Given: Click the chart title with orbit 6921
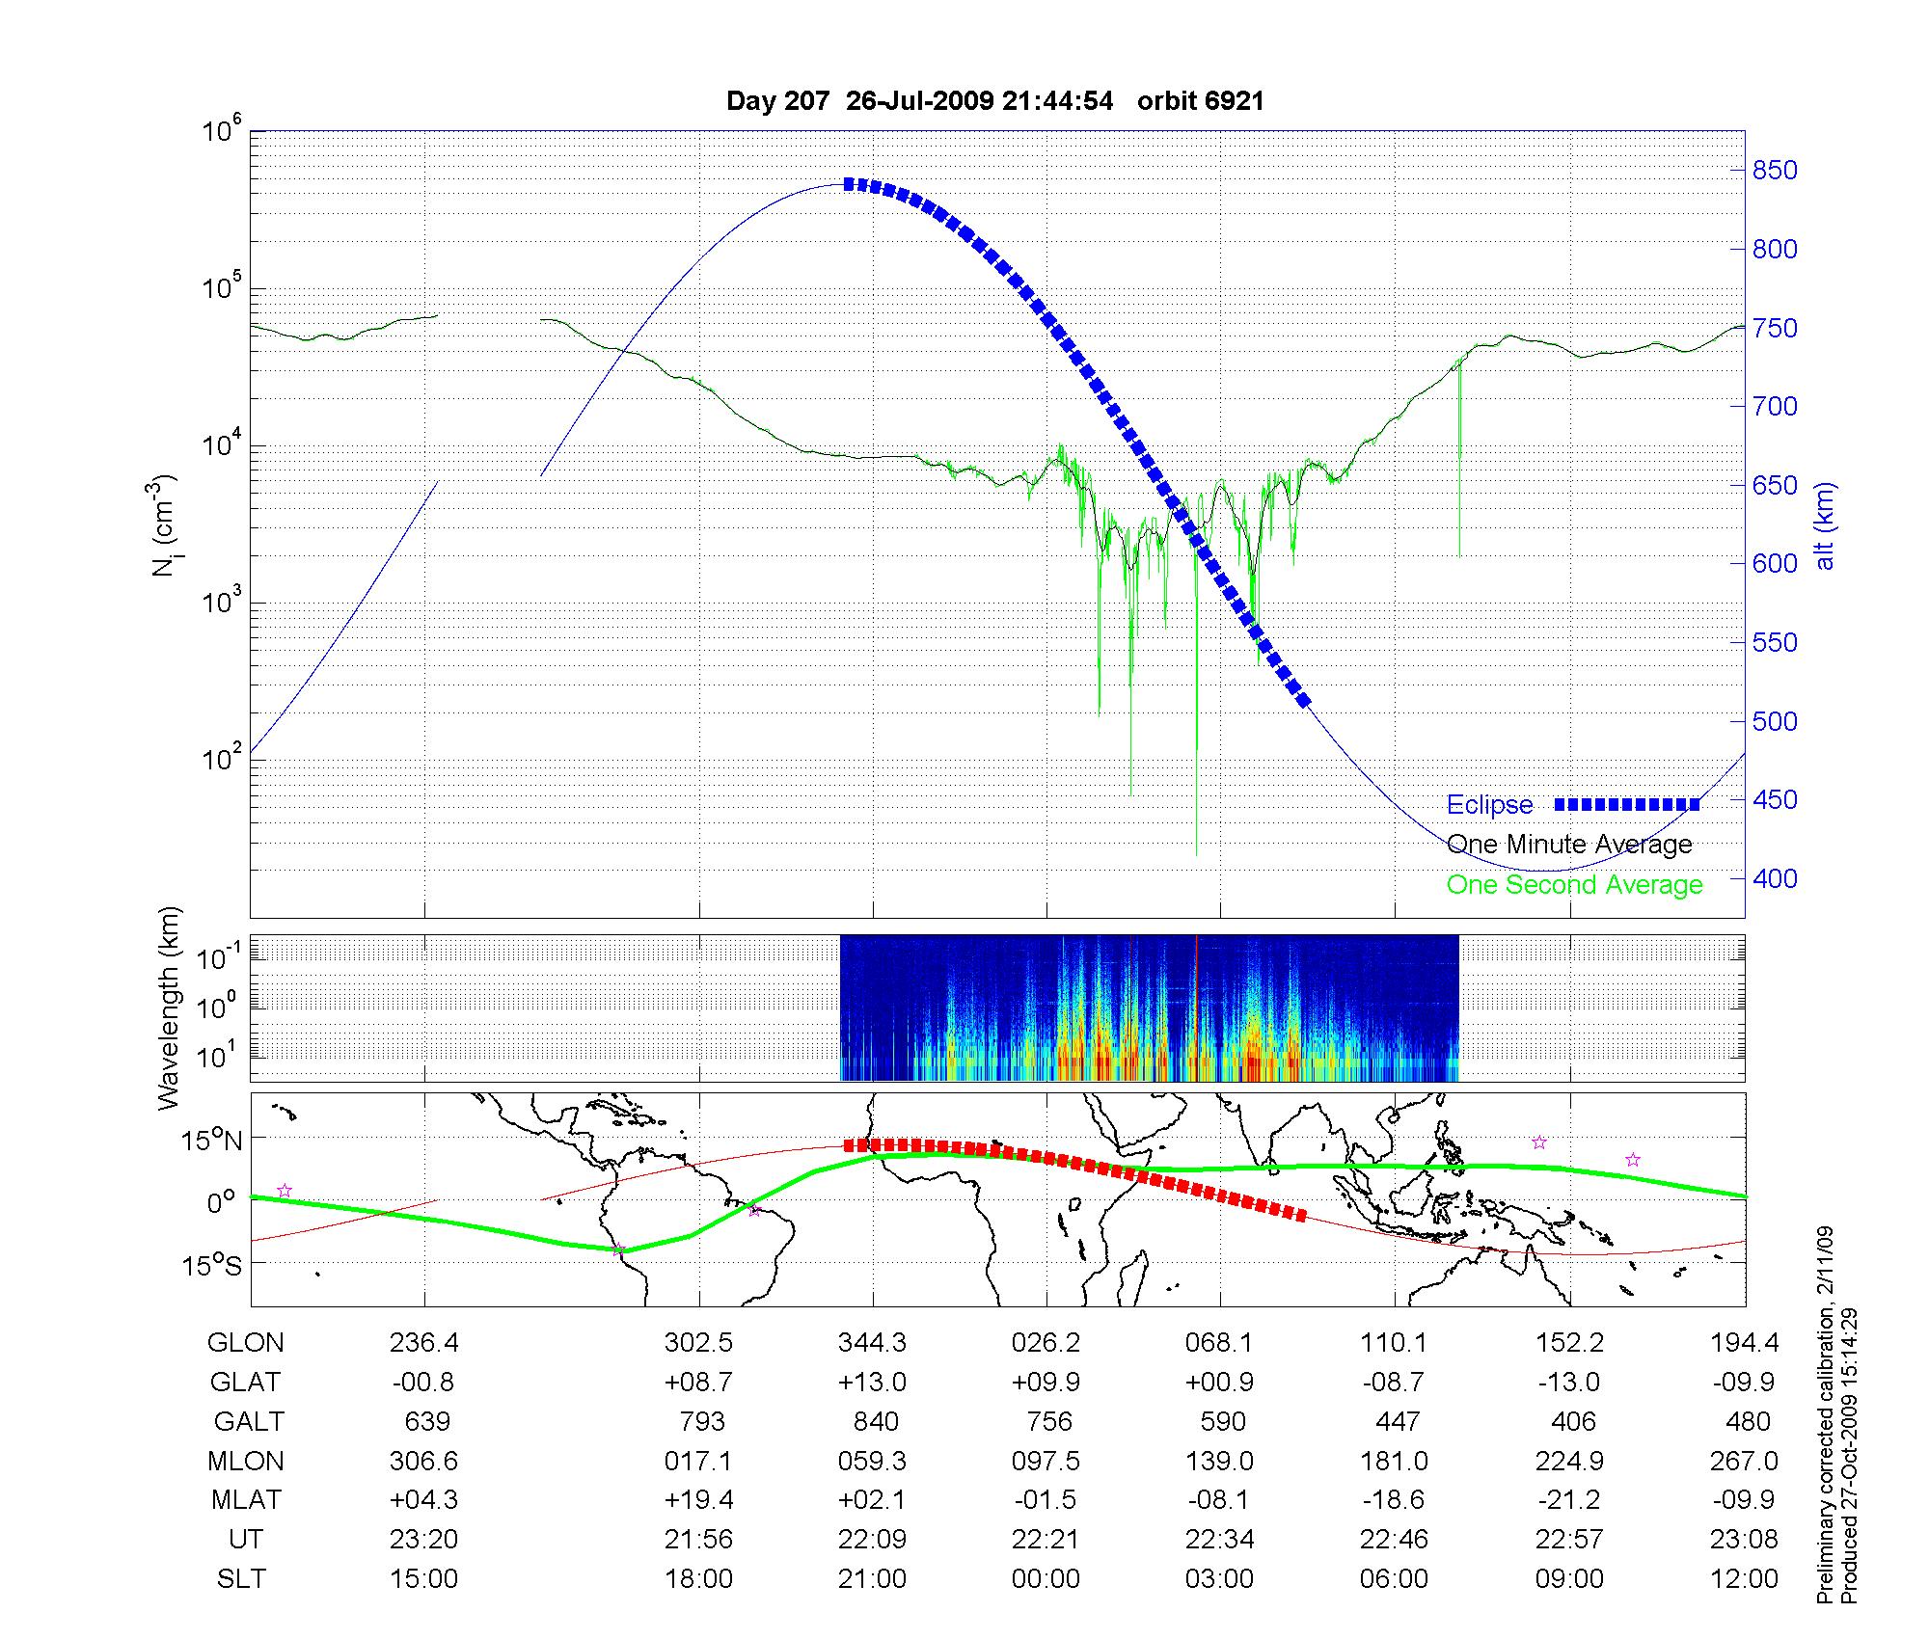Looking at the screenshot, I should click(x=994, y=101).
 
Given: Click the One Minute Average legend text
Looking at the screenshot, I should click(x=1569, y=845).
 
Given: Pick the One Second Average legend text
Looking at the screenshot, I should click(x=1574, y=885).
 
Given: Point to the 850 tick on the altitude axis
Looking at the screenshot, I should click(x=1775, y=171).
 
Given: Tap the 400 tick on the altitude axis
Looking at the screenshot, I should click(x=1775, y=878).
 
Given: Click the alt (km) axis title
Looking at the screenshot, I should click(x=1825, y=526).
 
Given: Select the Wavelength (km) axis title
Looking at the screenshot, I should click(x=169, y=1008).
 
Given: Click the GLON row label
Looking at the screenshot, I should click(x=245, y=1342).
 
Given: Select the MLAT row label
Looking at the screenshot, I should click(x=245, y=1500).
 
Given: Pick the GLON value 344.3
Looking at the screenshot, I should click(x=873, y=1342).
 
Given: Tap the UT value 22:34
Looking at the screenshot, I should click(x=1220, y=1540).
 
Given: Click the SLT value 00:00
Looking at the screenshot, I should click(x=1046, y=1579).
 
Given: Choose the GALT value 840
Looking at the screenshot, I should click(x=876, y=1421).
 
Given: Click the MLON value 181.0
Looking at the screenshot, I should click(x=1394, y=1461).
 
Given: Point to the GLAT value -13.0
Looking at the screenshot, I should click(x=1569, y=1382).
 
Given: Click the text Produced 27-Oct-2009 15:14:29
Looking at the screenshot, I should click(x=1849, y=1456).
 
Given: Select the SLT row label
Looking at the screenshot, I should click(x=241, y=1579).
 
